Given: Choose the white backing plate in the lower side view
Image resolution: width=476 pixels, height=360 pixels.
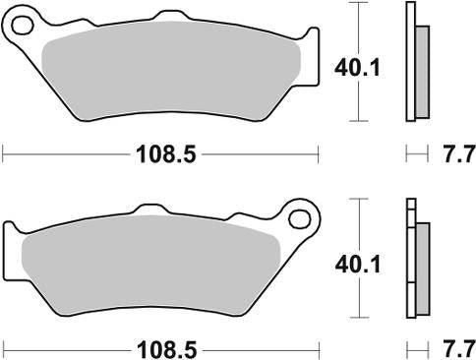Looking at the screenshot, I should pyautogui.click(x=410, y=266).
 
